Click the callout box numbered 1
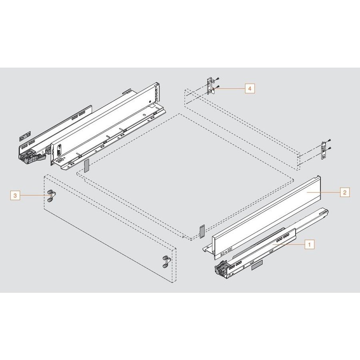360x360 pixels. click(309, 244)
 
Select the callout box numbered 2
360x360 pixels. click(344, 192)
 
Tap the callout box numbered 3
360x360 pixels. click(15, 195)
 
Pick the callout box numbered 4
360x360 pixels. click(250, 88)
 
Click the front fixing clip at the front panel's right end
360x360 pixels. click(165, 261)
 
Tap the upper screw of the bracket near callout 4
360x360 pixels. click(217, 79)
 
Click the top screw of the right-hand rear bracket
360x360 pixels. click(330, 140)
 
